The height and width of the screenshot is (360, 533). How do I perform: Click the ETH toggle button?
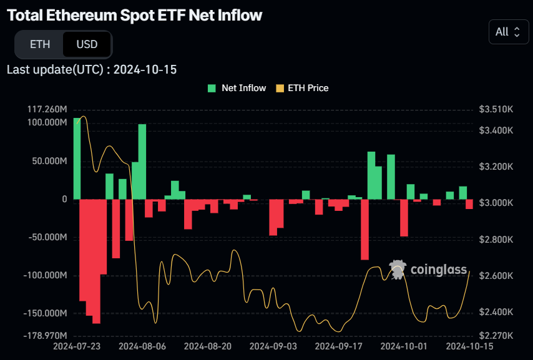(39, 44)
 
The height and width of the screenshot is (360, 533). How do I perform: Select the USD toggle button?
(87, 44)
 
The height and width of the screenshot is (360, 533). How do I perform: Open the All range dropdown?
(507, 32)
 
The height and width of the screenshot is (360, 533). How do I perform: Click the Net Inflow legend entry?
(237, 88)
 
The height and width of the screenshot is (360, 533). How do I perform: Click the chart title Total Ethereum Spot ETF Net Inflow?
(135, 16)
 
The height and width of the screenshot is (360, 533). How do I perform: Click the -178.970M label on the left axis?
(46, 335)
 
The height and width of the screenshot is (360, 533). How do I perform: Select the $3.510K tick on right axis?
(496, 109)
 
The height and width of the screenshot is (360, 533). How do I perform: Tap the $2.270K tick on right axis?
(496, 335)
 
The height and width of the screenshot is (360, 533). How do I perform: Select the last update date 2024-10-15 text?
(145, 69)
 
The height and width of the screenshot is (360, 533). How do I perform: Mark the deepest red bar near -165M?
(96, 261)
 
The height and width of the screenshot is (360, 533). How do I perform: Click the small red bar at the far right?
(469, 204)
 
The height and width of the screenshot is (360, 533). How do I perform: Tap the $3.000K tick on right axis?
(496, 203)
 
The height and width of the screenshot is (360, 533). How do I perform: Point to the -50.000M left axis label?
(47, 237)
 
